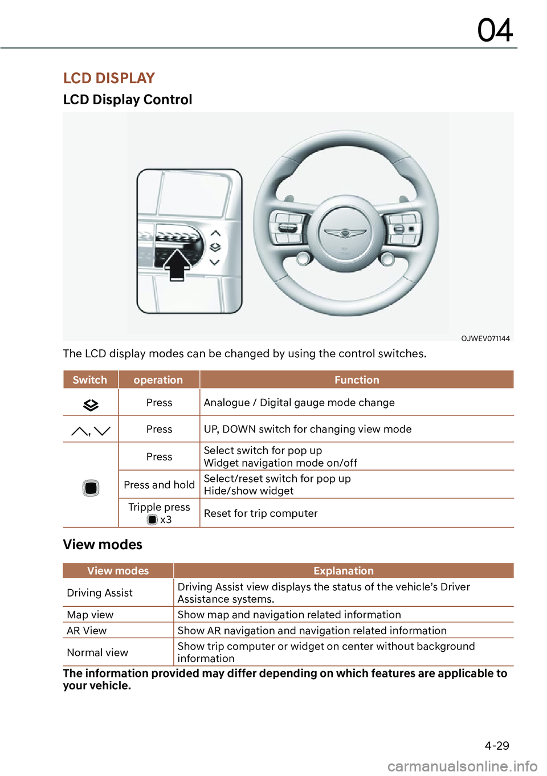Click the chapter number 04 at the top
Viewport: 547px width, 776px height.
pyautogui.click(x=495, y=30)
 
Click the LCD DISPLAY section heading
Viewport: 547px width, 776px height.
pyautogui.click(x=109, y=78)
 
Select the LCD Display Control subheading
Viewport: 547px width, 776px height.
pyautogui.click(x=128, y=100)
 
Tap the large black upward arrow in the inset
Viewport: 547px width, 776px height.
pyautogui.click(x=177, y=264)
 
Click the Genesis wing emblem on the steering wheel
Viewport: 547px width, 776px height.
pyautogui.click(x=344, y=232)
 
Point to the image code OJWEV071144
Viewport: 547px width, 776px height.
pyautogui.click(x=485, y=338)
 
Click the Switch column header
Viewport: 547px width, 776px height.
pyautogui.click(x=90, y=380)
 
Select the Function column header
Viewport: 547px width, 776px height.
pyautogui.click(x=357, y=380)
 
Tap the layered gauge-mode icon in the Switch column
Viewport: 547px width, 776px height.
pyautogui.click(x=91, y=405)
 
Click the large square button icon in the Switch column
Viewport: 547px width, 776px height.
pyautogui.click(x=91, y=488)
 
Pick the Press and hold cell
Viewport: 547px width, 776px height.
pyautogui.click(x=159, y=485)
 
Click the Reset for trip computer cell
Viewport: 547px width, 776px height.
pyautogui.click(x=261, y=513)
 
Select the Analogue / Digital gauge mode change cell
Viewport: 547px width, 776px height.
pyautogui.click(x=299, y=403)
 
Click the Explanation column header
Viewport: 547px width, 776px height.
pyautogui.click(x=344, y=571)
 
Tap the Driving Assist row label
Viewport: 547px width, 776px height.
pyautogui.click(x=100, y=593)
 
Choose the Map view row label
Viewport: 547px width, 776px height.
pyautogui.click(x=90, y=615)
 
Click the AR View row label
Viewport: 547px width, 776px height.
pyautogui.click(x=87, y=631)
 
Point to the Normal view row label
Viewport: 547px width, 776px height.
pyautogui.click(x=97, y=653)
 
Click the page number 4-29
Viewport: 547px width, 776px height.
pyautogui.click(x=497, y=746)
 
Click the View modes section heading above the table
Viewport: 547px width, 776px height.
pyautogui.click(x=103, y=545)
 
